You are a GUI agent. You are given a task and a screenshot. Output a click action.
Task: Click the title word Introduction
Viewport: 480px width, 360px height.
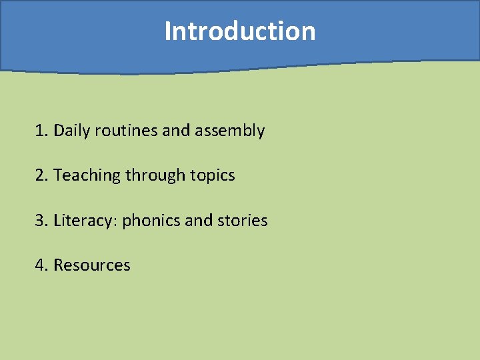tap(240, 31)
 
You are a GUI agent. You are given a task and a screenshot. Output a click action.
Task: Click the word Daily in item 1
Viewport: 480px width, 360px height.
tap(72, 131)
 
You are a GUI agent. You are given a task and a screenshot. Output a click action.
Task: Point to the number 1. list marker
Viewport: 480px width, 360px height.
tap(41, 131)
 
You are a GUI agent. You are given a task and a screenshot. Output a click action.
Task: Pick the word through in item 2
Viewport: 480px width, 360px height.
tap(155, 176)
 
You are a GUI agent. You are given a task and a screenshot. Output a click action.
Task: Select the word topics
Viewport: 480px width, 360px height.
tap(213, 176)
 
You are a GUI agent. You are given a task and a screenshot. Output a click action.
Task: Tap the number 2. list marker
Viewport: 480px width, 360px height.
tap(41, 175)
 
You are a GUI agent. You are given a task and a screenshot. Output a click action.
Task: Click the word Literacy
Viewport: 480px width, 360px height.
tap(83, 221)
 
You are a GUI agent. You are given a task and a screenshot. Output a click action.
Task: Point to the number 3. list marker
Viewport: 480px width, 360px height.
tap(41, 220)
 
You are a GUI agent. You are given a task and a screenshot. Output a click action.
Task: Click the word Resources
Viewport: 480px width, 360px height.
tap(92, 265)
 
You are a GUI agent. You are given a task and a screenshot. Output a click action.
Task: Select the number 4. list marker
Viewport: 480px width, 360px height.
tap(41, 265)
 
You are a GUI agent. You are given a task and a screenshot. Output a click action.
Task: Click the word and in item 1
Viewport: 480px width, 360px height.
tap(176, 131)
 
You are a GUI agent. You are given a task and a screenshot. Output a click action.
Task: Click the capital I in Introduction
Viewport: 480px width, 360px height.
tap(168, 31)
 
